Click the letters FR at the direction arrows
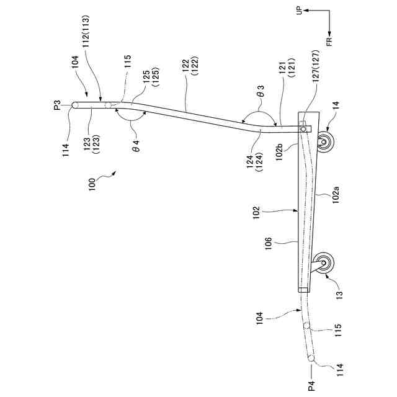click(329, 41)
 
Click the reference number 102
click(268, 213)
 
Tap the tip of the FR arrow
click(329, 32)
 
